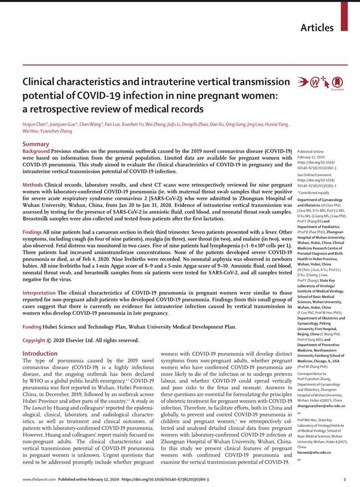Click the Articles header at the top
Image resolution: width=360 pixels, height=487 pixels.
pos(317,27)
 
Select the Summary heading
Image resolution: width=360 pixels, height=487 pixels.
pos(36,144)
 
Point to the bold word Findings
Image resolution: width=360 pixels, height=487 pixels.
pos(34,231)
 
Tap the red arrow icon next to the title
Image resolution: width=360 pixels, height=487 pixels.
pos(303,81)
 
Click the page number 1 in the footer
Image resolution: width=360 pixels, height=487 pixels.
pos(344,479)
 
